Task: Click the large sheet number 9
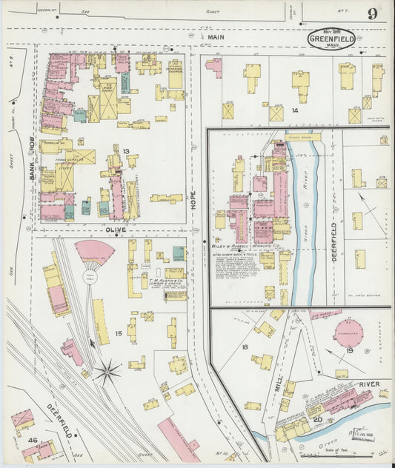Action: pos(371,13)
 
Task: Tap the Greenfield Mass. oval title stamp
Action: pos(331,39)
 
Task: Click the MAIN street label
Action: pos(216,36)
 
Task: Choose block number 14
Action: pos(294,110)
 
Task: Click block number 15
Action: pos(118,334)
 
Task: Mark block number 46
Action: pos(33,440)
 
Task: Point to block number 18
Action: pos(244,346)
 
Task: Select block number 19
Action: pos(350,350)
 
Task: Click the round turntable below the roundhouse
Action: pos(90,277)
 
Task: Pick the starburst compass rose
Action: pos(108,372)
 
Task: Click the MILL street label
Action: pos(278,384)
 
